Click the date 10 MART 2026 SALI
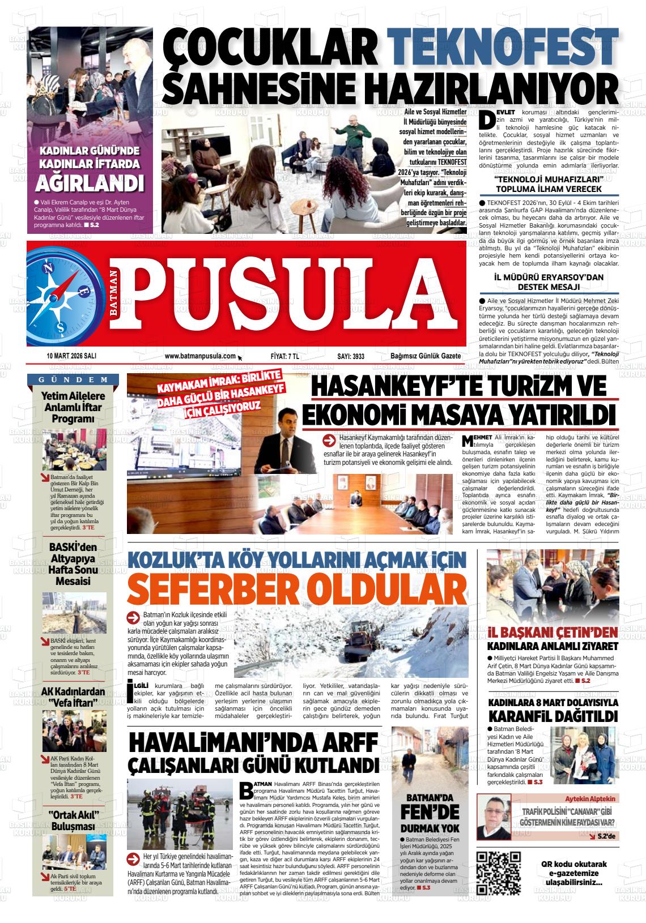tap(71, 356)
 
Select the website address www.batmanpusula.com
tap(200, 356)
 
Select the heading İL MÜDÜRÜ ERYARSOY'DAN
tap(549, 277)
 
